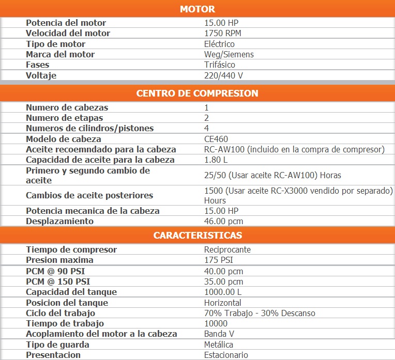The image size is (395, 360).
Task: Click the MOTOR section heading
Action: point(197,9)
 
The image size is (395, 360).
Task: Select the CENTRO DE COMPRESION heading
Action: point(197,93)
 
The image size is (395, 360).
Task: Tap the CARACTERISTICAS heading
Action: point(197,236)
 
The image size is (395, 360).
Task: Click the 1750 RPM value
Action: point(222,33)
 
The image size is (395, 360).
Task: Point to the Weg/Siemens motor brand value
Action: point(229,54)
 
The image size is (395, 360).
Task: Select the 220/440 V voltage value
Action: point(223,75)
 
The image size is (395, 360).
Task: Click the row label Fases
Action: point(38,65)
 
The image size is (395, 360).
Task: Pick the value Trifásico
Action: point(220,65)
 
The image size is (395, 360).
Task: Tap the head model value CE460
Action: point(216,139)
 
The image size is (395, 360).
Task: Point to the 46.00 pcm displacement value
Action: point(223,221)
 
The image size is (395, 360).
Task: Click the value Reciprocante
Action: point(227,249)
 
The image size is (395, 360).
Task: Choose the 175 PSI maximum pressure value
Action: point(219,260)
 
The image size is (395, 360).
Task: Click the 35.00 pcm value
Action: point(223,281)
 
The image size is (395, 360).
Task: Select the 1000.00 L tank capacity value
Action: point(223,292)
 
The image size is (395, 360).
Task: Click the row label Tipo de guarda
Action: point(57,345)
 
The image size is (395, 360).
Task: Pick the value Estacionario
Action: point(226,355)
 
